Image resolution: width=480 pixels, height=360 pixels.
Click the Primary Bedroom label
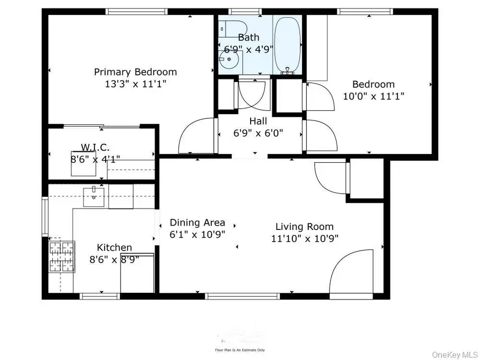point(135,72)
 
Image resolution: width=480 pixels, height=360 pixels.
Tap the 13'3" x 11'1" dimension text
point(135,84)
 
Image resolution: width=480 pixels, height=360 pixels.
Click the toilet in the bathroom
point(233,28)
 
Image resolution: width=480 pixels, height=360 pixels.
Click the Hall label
point(258,122)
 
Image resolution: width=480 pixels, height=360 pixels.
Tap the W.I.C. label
point(95,147)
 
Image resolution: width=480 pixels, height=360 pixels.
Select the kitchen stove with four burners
point(62,258)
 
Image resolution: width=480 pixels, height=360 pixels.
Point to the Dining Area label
point(197,223)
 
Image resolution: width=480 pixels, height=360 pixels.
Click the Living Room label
point(304,227)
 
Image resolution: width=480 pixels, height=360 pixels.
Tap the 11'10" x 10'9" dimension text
point(304,238)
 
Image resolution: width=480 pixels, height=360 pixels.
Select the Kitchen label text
point(114,247)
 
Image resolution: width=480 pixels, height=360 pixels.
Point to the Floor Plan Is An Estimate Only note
point(239,350)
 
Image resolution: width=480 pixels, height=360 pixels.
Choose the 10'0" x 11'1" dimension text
point(373,96)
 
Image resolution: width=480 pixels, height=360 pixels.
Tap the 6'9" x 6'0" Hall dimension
point(258,133)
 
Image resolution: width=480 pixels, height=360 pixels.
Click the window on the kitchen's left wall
point(45,217)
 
